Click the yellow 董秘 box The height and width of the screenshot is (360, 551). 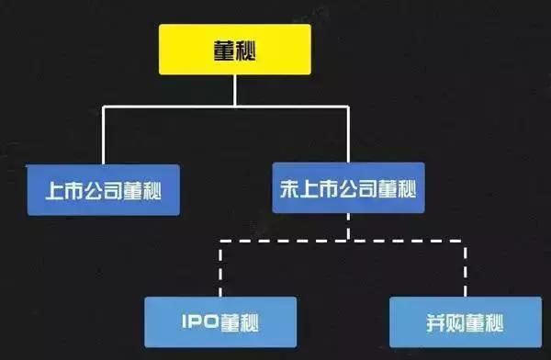click(234, 49)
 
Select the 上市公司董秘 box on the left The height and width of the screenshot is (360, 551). click(101, 189)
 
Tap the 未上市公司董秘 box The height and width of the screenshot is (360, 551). click(348, 189)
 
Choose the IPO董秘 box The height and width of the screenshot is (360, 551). click(220, 321)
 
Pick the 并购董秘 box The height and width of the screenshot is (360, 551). click(465, 321)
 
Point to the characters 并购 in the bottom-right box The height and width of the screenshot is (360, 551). click(444, 321)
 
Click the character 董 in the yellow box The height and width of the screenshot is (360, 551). click(220, 50)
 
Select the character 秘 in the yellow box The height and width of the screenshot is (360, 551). click(248, 50)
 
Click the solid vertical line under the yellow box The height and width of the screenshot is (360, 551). click(234, 90)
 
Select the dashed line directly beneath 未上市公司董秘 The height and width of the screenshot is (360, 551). click(348, 227)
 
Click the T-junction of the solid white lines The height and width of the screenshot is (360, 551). click(234, 107)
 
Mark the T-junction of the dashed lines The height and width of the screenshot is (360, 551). click(348, 241)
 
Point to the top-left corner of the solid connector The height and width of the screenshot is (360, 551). click(103, 107)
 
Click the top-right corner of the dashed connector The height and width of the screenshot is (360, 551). click(465, 241)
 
